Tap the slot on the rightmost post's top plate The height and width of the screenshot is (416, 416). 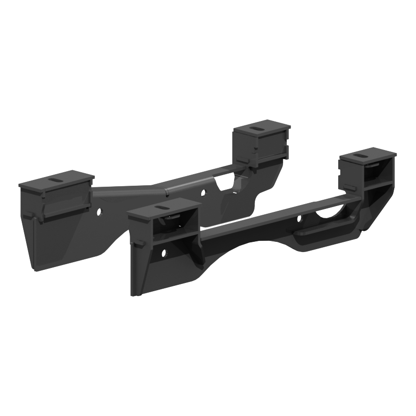coord(360,156)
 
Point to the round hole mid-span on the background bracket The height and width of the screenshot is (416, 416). coord(202,193)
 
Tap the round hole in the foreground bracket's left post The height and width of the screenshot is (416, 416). coord(163,252)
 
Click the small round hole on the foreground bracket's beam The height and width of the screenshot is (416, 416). coord(298,219)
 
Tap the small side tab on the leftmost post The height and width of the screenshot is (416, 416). coord(29,214)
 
